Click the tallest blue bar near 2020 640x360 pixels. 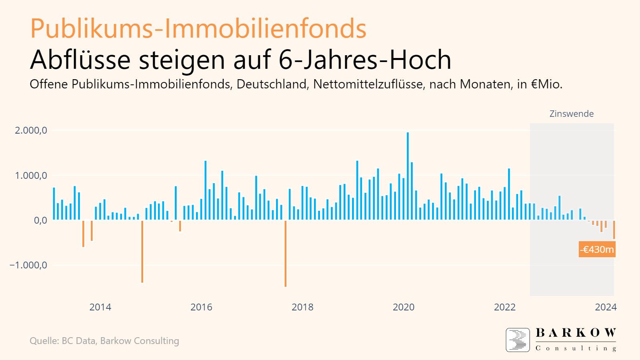[408, 176]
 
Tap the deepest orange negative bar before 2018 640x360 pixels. [285, 254]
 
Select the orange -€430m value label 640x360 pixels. [597, 250]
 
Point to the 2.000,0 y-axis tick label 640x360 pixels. [31, 130]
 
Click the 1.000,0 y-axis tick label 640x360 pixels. [31, 176]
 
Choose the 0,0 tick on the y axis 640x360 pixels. [40, 220]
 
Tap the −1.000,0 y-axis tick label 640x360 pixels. [28, 265]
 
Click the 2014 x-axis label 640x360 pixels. [100, 307]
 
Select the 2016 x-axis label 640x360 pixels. [201, 307]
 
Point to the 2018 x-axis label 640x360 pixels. [302, 307]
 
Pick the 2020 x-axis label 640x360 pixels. [404, 307]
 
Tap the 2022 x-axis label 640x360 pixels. [505, 307]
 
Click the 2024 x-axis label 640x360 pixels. [606, 307]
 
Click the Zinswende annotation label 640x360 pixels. [571, 114]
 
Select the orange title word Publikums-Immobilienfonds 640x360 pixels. [198, 29]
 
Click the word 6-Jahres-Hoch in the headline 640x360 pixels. [365, 60]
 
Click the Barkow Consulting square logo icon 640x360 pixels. [518, 340]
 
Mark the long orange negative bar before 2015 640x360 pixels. [142, 252]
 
